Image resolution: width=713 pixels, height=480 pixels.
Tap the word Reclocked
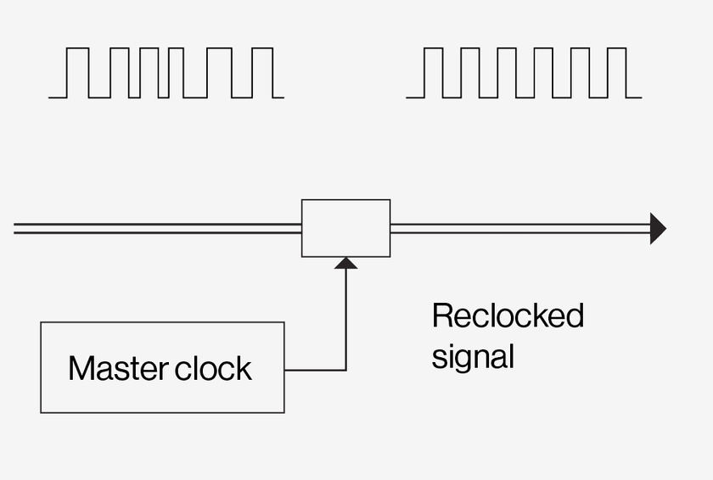click(508, 315)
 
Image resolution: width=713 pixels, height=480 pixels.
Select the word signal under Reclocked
click(473, 357)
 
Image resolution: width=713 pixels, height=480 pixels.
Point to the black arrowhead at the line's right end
click(658, 228)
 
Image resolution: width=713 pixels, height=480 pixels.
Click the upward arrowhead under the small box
click(346, 263)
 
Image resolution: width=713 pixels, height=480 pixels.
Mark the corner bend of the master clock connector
click(346, 370)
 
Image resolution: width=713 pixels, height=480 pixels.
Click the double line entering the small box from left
click(157, 228)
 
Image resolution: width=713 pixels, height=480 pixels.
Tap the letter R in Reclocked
click(442, 315)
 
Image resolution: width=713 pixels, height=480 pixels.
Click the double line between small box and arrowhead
click(520, 228)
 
